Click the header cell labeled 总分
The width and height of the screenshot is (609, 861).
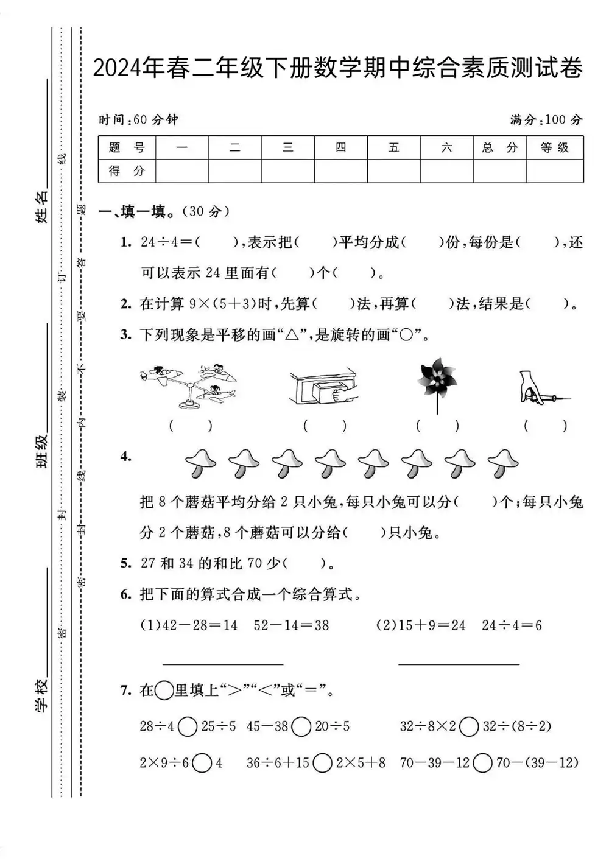click(x=499, y=147)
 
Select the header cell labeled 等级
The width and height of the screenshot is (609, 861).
click(x=554, y=147)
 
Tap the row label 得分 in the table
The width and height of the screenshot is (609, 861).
click(x=127, y=171)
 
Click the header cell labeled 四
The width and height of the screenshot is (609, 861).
click(x=340, y=147)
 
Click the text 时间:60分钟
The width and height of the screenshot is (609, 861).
click(x=139, y=119)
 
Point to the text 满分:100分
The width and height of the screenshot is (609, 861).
click(x=546, y=119)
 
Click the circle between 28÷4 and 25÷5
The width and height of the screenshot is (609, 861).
click(x=188, y=726)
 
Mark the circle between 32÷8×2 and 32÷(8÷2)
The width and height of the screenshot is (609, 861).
click(x=469, y=726)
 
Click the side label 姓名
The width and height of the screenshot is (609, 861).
click(x=42, y=206)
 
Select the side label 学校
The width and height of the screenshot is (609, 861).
click(x=42, y=695)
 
